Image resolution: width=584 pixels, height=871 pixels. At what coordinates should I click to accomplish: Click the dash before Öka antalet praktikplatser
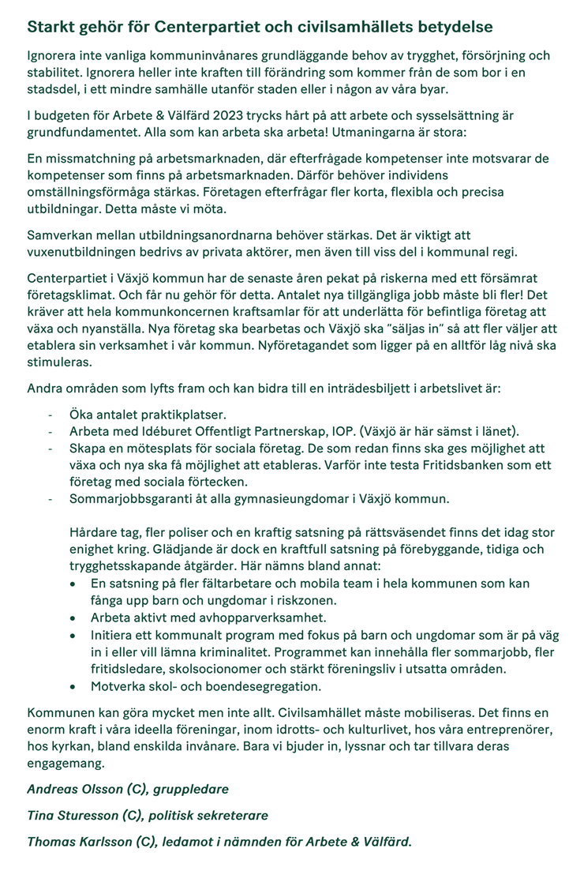pos(51,415)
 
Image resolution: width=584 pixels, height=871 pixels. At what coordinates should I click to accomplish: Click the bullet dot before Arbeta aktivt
pos(73,618)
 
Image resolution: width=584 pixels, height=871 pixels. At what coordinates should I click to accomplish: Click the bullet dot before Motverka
pos(73,686)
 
